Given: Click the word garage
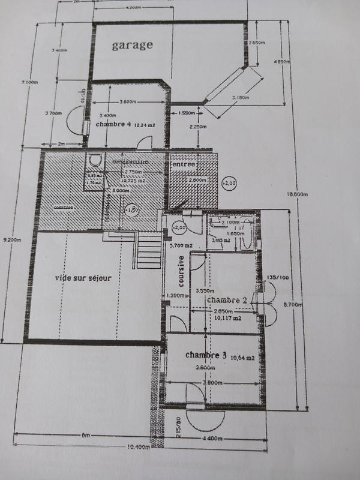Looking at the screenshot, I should point(133,45).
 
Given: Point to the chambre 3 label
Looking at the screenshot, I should point(206,356).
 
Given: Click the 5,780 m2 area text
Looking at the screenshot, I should point(180,245).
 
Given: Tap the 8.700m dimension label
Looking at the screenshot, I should point(292,305).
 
